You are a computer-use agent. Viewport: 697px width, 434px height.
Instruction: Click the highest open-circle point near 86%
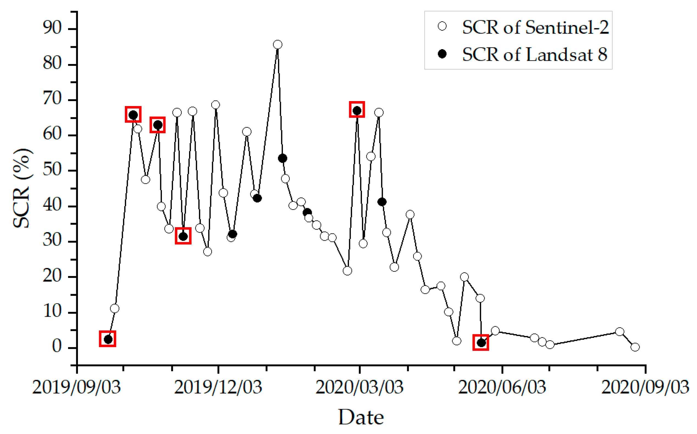coord(277,44)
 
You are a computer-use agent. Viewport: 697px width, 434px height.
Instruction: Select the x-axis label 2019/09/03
coord(77,387)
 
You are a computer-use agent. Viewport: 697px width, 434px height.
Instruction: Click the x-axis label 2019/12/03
coord(218,387)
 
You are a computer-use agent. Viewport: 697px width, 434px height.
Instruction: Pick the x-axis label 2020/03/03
coord(359,387)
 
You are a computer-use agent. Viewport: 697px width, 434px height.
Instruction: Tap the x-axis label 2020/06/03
coord(502,387)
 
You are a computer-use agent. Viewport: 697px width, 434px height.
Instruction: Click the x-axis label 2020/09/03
coord(645,387)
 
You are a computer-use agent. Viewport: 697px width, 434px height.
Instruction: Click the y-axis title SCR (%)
coord(22,188)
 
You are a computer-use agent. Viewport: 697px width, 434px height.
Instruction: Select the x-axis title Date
coord(361,417)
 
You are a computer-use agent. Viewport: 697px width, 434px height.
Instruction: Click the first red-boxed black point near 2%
coord(108,339)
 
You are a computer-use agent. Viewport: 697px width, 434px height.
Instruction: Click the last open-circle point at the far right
coord(635,347)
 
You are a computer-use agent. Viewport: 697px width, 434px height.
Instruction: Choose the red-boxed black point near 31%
coord(183,236)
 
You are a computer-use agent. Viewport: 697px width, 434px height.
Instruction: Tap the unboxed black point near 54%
coord(282,158)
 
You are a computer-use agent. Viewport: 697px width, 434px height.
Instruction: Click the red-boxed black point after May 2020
coord(481,343)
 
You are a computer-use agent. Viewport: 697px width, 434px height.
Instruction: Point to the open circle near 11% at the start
coord(114,308)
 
